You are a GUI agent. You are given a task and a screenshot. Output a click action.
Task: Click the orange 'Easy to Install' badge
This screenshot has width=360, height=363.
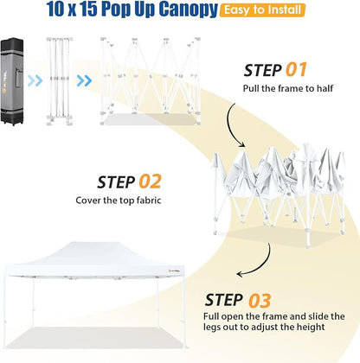coord(262,10)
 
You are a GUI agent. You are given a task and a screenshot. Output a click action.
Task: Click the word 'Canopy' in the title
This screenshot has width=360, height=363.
coord(188,10)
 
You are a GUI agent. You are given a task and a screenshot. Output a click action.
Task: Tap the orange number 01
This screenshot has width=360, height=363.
coord(296,70)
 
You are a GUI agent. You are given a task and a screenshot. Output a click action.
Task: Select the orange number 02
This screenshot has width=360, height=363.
coord(150,181)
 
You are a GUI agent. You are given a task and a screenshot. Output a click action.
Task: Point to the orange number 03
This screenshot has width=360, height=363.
coord(260,301)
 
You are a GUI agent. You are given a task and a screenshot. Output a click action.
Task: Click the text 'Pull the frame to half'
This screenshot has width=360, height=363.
coord(288,88)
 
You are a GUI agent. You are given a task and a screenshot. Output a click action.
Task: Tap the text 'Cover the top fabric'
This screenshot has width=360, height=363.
coord(119,201)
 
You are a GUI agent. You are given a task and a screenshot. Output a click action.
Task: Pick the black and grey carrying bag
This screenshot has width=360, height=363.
coord(12,81)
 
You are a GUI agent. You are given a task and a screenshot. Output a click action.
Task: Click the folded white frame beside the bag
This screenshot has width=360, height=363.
coord(59,81)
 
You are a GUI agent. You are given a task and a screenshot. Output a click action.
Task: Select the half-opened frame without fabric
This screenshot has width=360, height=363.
coord(151,81)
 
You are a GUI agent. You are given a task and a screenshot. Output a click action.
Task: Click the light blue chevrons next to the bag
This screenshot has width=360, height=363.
coord(35,81)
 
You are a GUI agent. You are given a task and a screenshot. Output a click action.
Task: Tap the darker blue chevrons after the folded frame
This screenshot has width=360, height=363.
coord(84,81)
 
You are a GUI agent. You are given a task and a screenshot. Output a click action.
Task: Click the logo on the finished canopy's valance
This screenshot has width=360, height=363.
coord(174,271)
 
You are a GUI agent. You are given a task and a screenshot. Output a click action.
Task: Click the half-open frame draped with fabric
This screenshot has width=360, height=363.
coord(280,195)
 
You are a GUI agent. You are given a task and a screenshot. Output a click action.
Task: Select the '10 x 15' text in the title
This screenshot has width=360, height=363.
coord(72,9)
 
